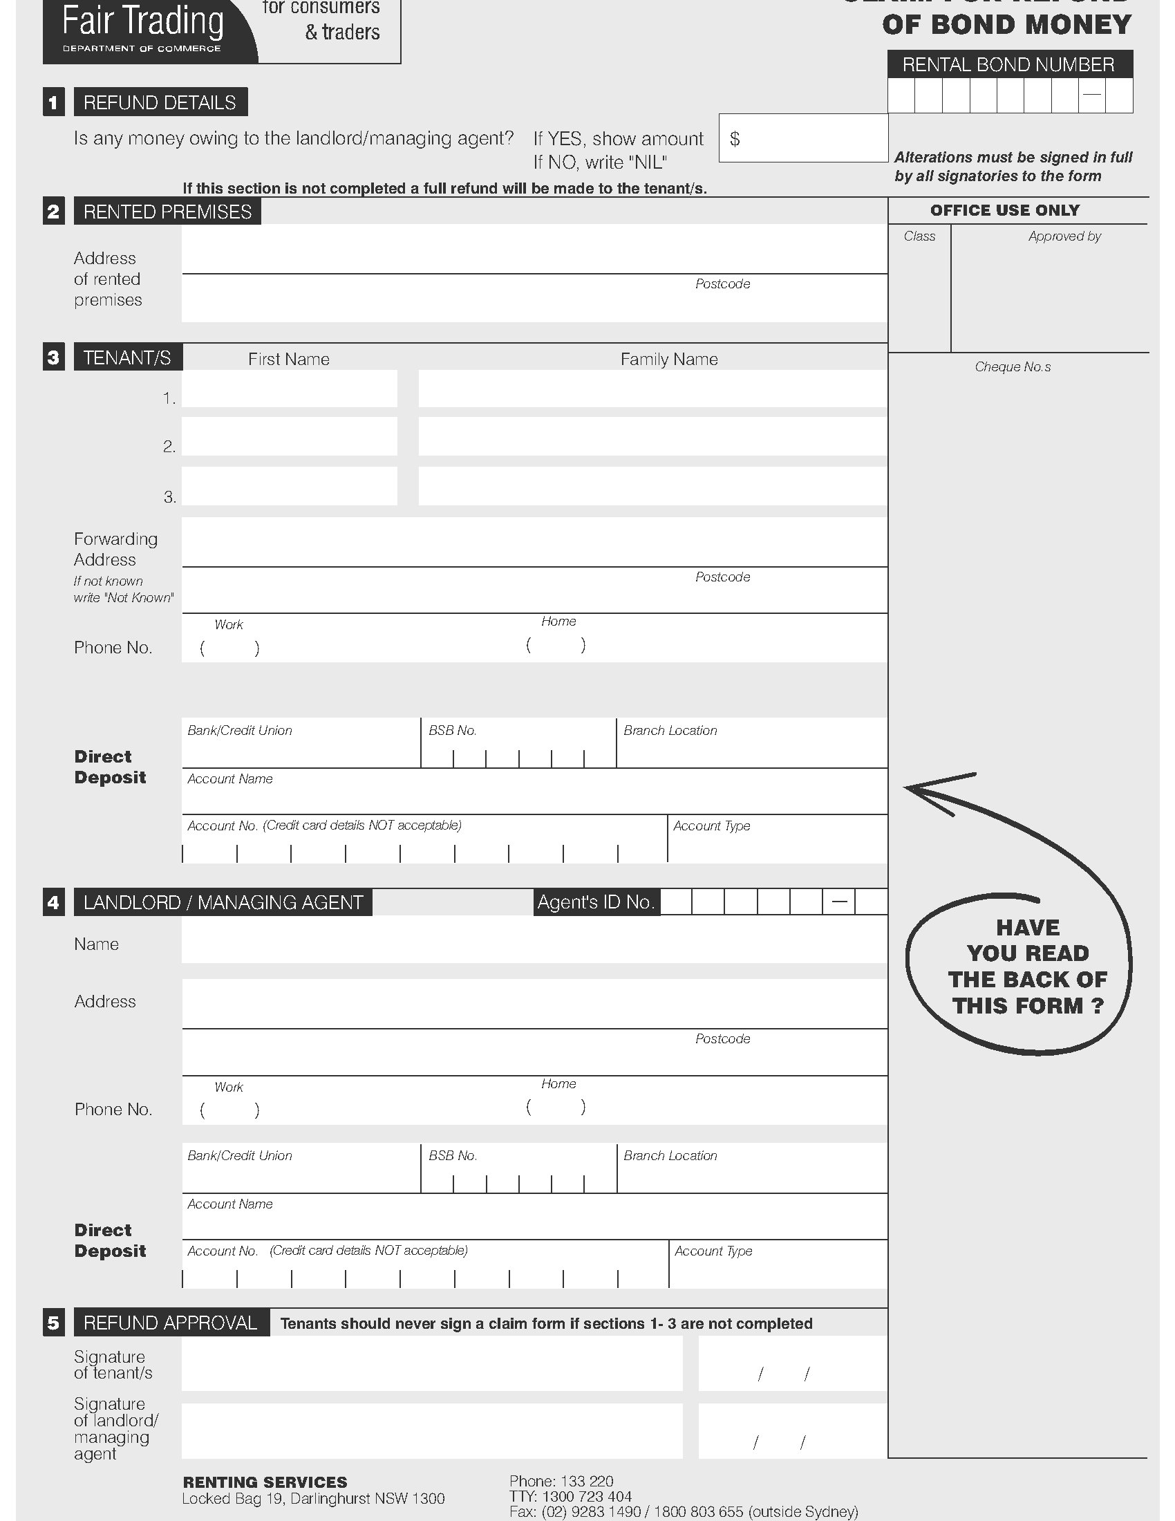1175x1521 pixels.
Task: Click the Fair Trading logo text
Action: tap(142, 21)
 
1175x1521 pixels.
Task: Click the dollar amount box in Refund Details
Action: tap(803, 138)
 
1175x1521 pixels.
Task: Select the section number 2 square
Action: tap(54, 212)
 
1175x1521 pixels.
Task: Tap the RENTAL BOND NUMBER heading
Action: tap(1008, 65)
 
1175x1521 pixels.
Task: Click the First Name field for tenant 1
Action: tap(289, 389)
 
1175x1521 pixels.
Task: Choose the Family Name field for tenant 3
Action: tap(652, 486)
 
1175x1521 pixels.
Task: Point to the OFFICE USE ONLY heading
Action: tap(1004, 210)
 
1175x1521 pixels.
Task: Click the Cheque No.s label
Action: tap(1012, 367)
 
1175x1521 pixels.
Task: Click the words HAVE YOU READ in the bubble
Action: tap(1027, 940)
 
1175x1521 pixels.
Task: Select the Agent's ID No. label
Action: tap(596, 902)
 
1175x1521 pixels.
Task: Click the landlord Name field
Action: tap(534, 940)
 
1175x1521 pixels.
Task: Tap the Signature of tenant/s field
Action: tap(431, 1364)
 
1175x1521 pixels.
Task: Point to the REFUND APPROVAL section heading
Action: tap(171, 1323)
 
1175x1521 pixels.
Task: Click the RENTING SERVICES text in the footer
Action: tap(265, 1482)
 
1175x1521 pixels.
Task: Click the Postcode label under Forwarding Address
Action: tap(722, 577)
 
